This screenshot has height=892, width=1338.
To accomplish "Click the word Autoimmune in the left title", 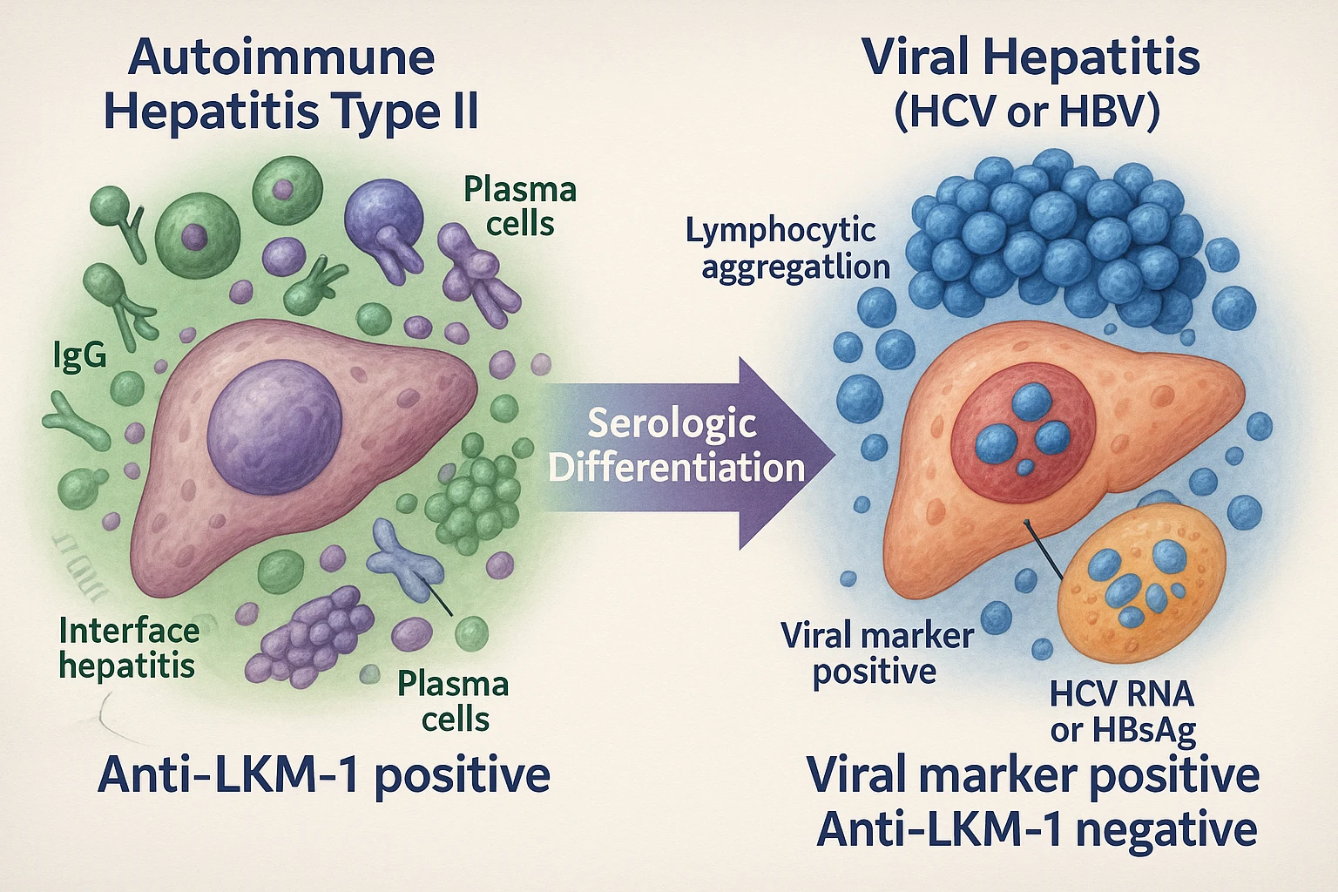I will click(x=281, y=57).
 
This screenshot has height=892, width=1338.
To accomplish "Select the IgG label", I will click(x=79, y=355).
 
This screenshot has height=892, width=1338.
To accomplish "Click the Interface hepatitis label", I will click(x=128, y=648).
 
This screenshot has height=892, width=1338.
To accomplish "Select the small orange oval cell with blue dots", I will click(x=1141, y=584).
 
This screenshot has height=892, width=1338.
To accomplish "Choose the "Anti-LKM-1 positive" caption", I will click(x=324, y=774).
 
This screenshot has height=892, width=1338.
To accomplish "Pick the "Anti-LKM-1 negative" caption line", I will click(x=1037, y=829).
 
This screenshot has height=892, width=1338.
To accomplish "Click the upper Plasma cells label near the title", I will click(x=520, y=206).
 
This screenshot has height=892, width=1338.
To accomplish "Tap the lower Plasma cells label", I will click(x=454, y=701).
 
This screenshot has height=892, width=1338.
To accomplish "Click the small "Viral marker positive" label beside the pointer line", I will click(x=875, y=653).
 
